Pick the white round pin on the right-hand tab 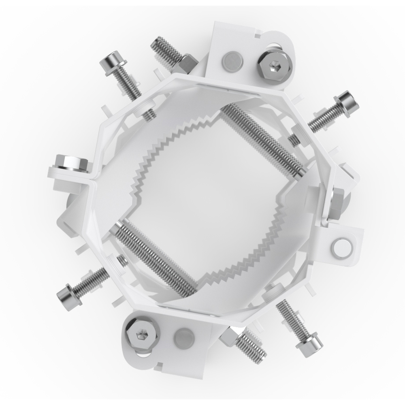point(340,247)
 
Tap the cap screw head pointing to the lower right point(310,346)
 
